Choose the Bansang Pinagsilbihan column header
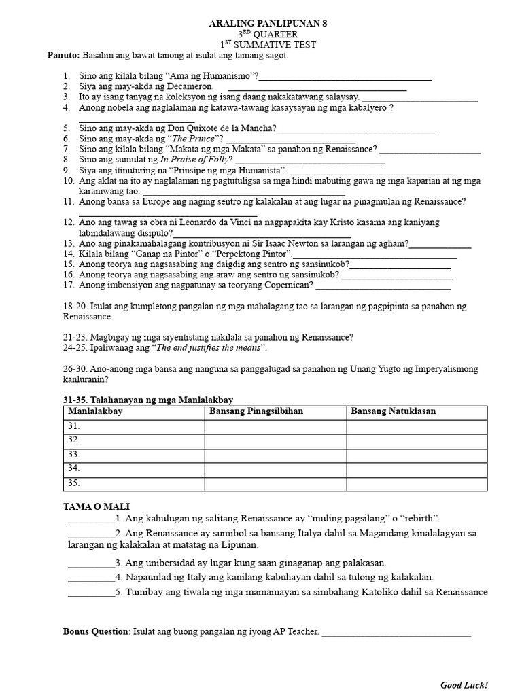(256, 411)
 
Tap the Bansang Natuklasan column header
(394, 411)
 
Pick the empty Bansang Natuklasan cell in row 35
(417, 483)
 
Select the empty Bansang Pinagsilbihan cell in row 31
(275, 426)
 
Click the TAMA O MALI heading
(96, 506)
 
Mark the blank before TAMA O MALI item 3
(91, 563)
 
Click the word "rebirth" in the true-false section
(421, 518)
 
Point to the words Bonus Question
(96, 631)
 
